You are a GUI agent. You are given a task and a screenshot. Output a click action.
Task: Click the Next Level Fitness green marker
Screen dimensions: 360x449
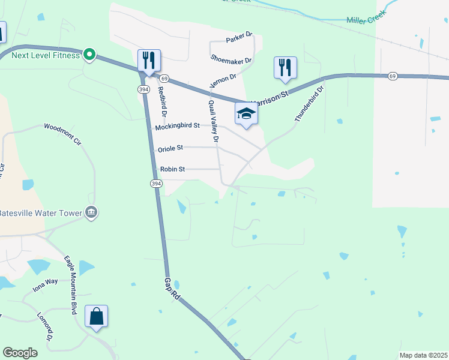[89, 55]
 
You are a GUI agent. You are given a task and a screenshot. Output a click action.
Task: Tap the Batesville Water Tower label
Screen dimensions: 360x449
[40, 213]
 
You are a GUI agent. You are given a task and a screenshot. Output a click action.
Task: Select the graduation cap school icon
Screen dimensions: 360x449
[246, 113]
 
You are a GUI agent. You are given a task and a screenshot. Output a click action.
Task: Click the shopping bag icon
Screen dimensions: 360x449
[96, 316]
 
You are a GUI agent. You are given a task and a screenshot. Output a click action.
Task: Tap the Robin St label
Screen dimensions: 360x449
[172, 169]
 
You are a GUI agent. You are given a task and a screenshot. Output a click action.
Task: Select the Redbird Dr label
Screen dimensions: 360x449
[161, 101]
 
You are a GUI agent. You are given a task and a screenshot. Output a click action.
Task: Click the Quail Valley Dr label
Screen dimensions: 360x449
[212, 123]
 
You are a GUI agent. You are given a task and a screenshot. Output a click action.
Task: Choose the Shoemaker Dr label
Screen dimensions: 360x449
[231, 59]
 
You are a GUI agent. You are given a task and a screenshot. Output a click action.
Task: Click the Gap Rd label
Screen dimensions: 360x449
[172, 289]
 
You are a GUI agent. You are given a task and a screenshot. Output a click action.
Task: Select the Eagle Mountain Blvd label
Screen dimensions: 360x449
[71, 284]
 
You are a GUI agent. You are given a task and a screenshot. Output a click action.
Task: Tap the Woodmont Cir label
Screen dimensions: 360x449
[62, 134]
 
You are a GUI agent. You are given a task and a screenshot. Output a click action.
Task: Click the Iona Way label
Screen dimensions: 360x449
[45, 285]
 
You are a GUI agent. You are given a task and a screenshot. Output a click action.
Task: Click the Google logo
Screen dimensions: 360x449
[20, 353]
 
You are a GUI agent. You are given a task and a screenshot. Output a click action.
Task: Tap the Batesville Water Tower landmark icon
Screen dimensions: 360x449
[91, 212]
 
